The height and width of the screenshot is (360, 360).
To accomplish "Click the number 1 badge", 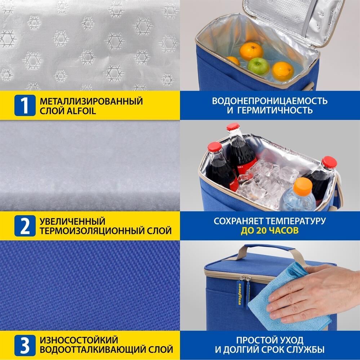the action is (25, 105).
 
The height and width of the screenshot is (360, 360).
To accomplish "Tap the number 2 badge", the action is (25, 226).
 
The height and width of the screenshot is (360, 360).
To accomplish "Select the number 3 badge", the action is (25, 345).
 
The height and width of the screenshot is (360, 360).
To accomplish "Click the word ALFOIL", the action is (81, 111).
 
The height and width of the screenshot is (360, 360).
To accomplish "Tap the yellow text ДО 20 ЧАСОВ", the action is (270, 230).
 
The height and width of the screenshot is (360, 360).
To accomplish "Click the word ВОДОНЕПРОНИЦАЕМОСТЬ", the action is (270, 101).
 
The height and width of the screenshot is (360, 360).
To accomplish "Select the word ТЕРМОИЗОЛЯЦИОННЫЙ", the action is (91, 231).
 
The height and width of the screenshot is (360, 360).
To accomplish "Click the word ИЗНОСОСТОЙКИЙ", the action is (79, 340).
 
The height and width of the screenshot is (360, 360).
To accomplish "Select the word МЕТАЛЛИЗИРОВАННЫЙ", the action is (91, 101).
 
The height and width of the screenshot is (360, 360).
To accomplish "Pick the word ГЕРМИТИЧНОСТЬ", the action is (275, 111).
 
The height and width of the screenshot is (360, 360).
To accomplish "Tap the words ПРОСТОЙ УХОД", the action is (270, 340).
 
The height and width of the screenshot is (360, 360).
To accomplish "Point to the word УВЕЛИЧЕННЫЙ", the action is (72, 221).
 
